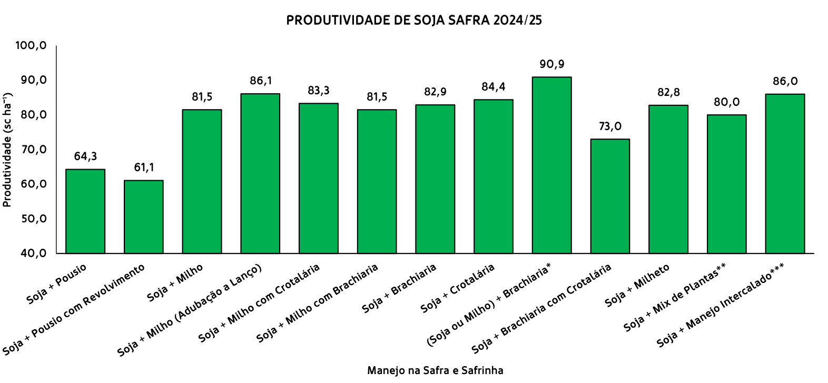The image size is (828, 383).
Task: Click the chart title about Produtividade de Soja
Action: coord(414,21)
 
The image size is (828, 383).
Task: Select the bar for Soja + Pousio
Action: coord(85,211)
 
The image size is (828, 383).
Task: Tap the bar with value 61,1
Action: coord(143,217)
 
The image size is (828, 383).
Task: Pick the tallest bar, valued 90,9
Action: coord(551,165)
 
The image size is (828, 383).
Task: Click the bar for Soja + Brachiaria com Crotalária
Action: coord(610,196)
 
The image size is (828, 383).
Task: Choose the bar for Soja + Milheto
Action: coord(668,179)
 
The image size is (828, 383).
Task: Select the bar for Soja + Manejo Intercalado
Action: coord(785,173)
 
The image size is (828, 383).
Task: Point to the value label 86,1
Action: coord(261,81)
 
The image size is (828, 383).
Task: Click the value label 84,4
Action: coord(494,87)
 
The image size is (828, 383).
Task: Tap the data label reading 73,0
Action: coord(610,126)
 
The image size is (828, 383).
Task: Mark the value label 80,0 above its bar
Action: coord(726,102)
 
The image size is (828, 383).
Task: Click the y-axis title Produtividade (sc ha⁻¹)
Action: coord(8,150)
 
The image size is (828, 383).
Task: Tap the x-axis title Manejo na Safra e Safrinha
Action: coord(435,370)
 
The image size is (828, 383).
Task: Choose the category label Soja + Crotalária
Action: coord(458,288)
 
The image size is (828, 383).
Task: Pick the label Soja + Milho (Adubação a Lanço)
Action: coord(190,311)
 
